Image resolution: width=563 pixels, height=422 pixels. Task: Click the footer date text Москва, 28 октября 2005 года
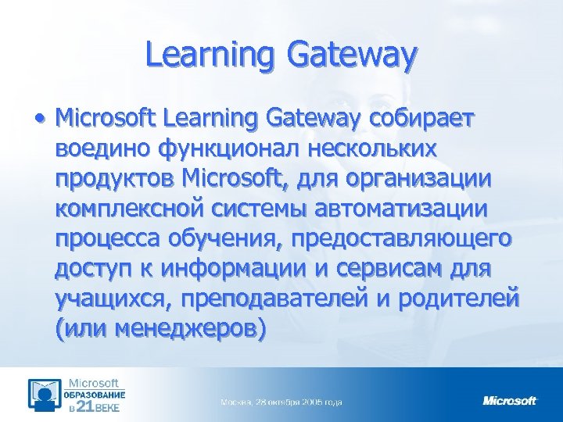[x=281, y=402]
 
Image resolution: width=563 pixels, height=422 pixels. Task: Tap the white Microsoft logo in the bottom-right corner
[x=510, y=401]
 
